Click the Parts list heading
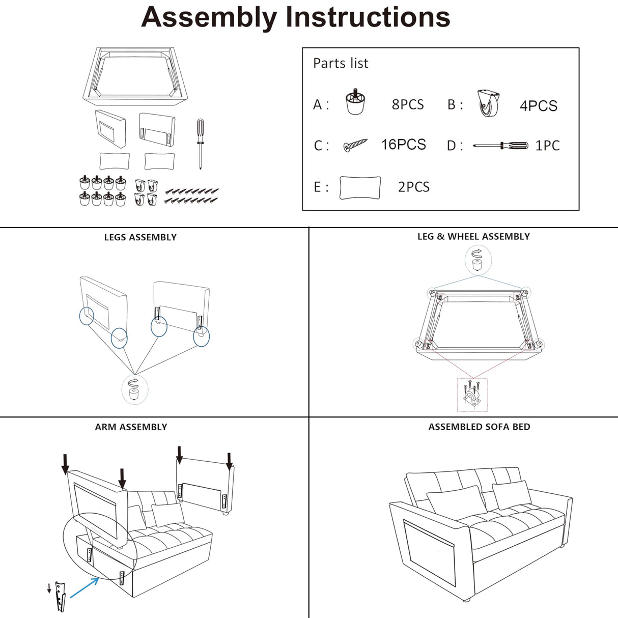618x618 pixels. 340,63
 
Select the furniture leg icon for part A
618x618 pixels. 355,102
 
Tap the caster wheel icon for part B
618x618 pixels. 489,103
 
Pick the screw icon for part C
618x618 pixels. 355,145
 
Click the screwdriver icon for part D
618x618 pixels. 500,146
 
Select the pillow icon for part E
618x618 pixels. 360,187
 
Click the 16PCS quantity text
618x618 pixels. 403,145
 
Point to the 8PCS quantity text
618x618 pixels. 407,104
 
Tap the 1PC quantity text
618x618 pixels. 547,146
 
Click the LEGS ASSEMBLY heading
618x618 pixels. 140,237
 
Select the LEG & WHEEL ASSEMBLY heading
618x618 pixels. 473,236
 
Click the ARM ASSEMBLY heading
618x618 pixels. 131,427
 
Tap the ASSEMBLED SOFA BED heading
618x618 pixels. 479,427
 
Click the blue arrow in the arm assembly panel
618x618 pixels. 85,587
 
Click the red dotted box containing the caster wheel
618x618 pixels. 472,395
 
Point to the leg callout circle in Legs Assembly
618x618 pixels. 134,389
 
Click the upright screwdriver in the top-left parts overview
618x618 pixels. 201,143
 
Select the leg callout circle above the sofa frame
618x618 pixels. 477,260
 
